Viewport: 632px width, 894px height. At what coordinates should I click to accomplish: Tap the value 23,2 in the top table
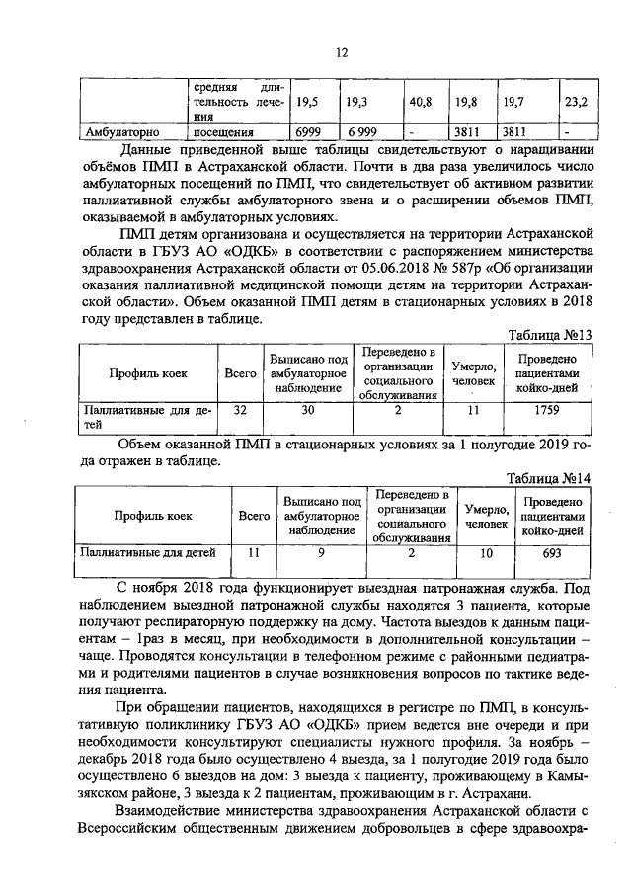(x=575, y=101)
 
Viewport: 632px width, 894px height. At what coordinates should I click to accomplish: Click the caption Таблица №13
(x=549, y=335)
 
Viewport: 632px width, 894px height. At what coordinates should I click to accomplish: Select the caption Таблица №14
(x=549, y=478)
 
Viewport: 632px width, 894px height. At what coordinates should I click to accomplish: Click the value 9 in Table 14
(x=321, y=552)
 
